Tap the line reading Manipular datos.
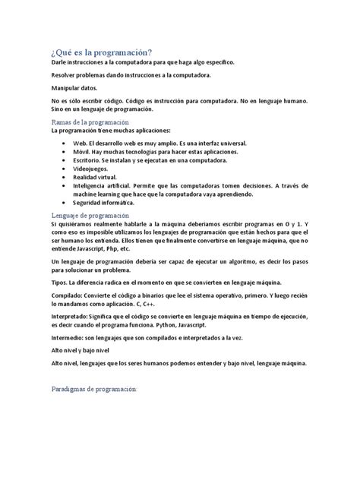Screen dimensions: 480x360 [74, 88]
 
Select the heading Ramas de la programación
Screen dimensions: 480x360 [90, 122]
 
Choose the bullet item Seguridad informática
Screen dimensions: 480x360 [103, 203]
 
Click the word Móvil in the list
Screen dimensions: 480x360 [81, 151]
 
